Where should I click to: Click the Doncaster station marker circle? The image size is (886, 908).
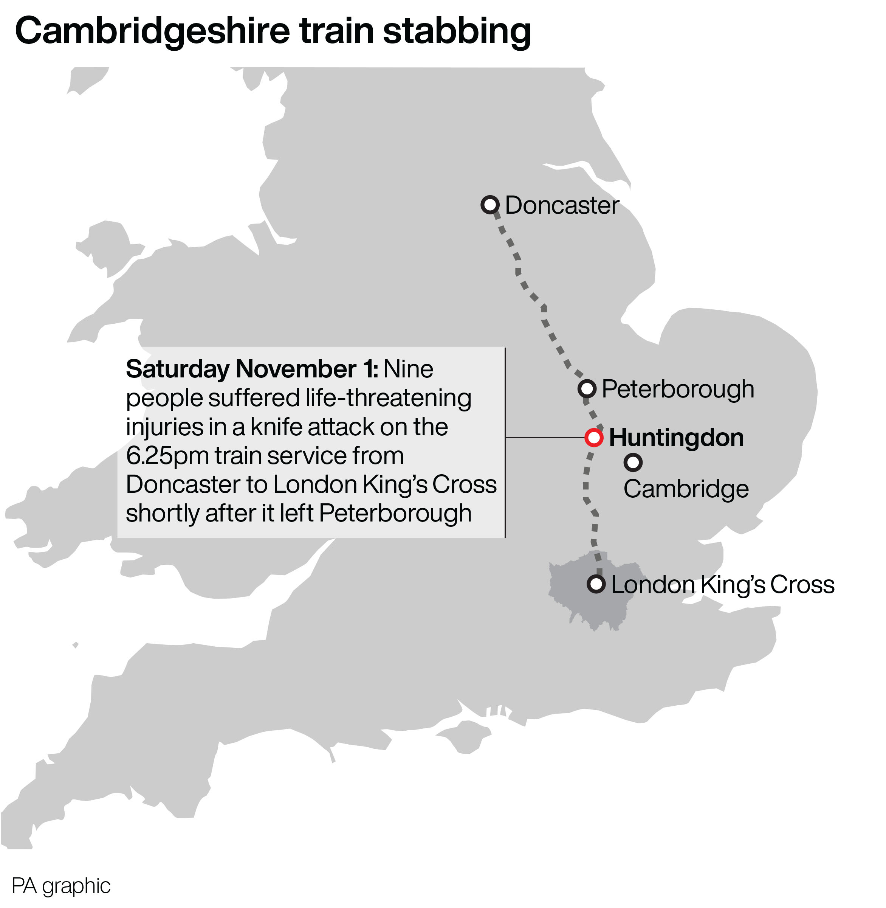(490, 205)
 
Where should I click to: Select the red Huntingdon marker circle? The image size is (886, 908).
(594, 438)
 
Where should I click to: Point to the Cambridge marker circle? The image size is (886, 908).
(633, 463)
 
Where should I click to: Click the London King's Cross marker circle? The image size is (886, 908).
(596, 584)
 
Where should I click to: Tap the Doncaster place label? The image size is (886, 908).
(562, 205)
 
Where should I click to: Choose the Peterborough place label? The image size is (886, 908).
(677, 389)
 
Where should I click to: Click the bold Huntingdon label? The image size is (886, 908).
(676, 438)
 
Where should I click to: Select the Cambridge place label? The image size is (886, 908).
(686, 489)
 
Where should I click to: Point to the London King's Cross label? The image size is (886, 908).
(723, 585)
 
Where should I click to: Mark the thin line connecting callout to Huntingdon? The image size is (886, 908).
(544, 438)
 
